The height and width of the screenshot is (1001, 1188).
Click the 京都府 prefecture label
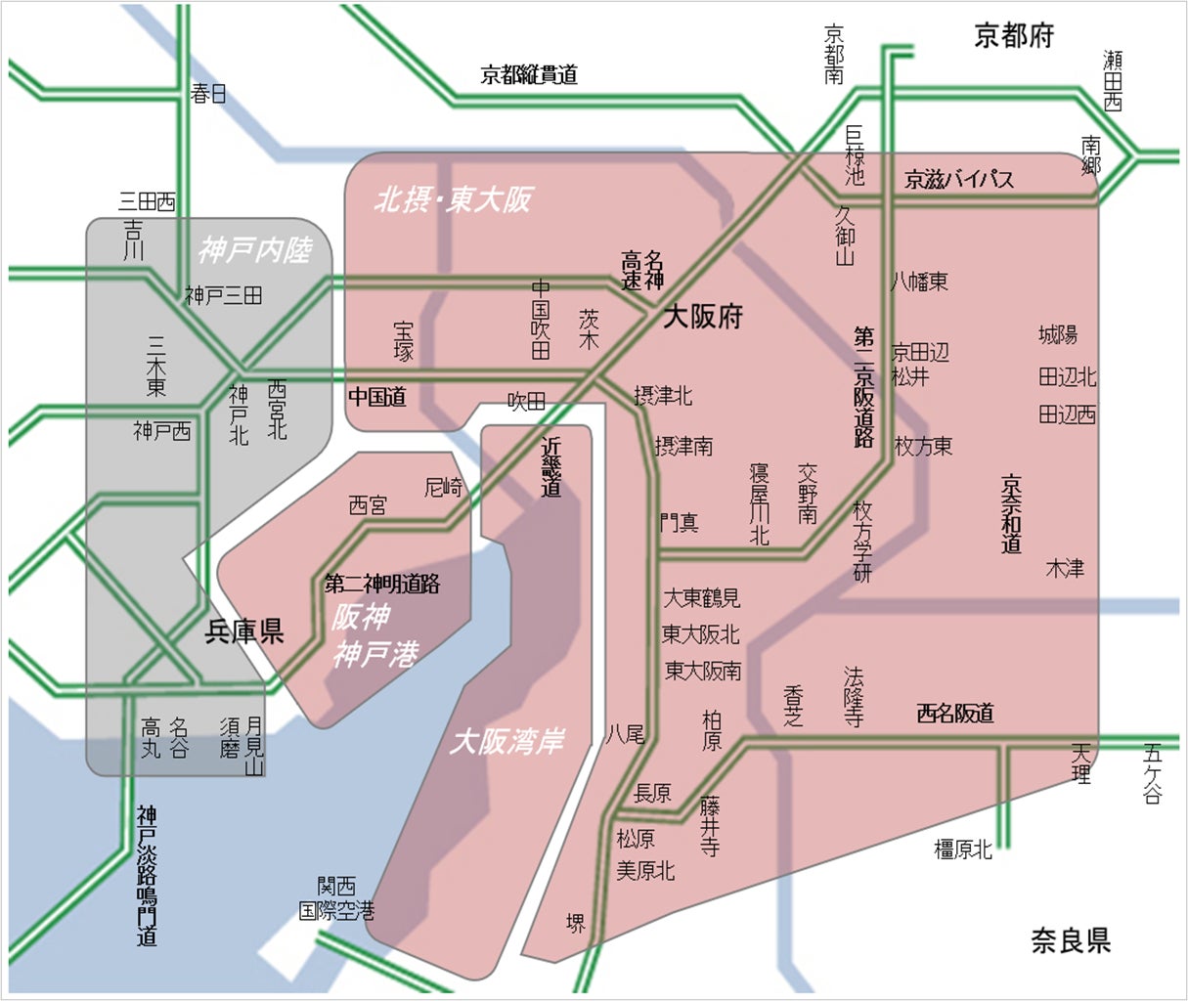point(1014,36)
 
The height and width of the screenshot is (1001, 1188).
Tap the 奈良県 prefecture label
point(1071,941)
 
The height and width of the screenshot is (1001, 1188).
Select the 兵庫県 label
point(243,631)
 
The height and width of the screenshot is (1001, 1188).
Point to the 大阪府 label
point(703,317)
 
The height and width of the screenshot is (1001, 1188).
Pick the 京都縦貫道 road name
point(529,74)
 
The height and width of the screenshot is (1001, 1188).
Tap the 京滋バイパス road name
point(959,179)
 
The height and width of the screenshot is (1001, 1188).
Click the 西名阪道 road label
point(955,714)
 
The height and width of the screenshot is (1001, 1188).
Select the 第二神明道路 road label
point(382,585)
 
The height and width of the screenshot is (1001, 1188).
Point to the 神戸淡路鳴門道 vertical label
point(147,876)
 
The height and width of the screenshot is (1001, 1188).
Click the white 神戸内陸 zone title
point(254,251)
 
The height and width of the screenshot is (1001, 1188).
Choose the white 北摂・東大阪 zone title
point(454,200)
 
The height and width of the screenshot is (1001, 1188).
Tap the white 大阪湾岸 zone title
point(506,741)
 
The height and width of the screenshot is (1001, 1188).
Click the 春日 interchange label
point(208,94)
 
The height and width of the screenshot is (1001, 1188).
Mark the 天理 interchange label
point(1080,762)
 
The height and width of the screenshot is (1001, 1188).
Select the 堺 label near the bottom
point(576,923)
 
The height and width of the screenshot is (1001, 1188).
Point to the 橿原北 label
point(963,849)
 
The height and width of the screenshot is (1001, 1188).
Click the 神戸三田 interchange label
point(224,295)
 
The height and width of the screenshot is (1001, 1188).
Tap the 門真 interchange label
point(679,523)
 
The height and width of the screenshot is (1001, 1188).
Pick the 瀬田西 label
point(1113,80)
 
